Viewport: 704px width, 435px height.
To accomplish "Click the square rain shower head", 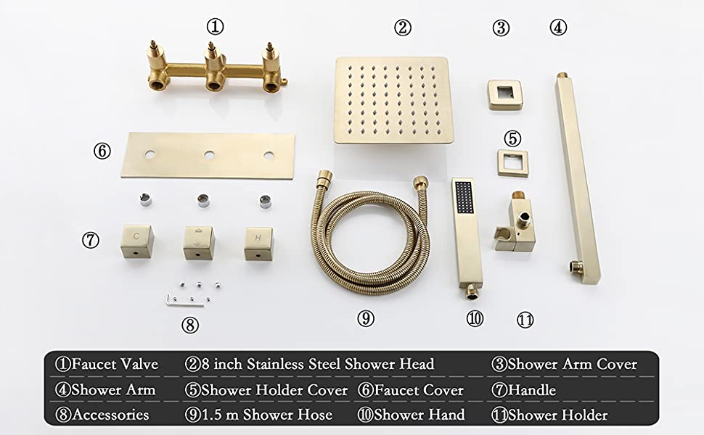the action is pos(393,100).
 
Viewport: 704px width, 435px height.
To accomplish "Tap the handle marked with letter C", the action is pos(137,241).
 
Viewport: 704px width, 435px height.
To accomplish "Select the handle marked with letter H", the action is pos(258,244).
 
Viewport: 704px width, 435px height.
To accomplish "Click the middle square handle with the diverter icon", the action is pos(198,243).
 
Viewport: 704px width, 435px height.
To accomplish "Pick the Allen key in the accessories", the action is pos(184,301).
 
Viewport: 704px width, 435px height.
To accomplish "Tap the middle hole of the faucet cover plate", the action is pos(209,155).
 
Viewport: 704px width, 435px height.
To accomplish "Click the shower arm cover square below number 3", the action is pos(505,94).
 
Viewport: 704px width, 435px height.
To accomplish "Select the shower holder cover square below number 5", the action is pos(512,163).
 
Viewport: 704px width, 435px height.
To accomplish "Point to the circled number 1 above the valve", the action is pos(215,27).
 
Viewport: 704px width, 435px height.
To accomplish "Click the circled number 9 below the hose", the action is pos(366,318).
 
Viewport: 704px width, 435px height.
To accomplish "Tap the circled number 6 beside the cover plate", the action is pos(102,151).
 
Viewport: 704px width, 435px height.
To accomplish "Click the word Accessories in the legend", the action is pos(110,415).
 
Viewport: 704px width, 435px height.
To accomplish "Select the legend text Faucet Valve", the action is pos(115,364).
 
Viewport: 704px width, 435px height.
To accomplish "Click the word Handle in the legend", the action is pos(531,390).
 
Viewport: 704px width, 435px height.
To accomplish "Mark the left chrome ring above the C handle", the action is pos(145,199).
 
